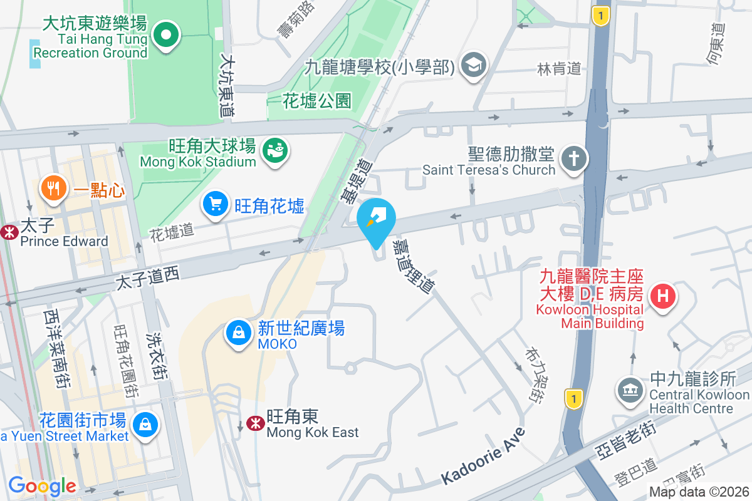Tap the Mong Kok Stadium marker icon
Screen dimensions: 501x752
274,149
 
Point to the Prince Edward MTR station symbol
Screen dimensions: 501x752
9,232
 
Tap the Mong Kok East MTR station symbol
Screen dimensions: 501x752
255,423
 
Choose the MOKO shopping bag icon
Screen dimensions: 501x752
239,332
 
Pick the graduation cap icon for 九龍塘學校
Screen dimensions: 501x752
474,65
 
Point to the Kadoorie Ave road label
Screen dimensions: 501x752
483,456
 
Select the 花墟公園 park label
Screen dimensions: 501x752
317,100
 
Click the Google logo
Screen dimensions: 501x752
42,486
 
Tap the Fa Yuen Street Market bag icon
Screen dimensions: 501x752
145,425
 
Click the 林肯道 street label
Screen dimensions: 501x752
559,69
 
